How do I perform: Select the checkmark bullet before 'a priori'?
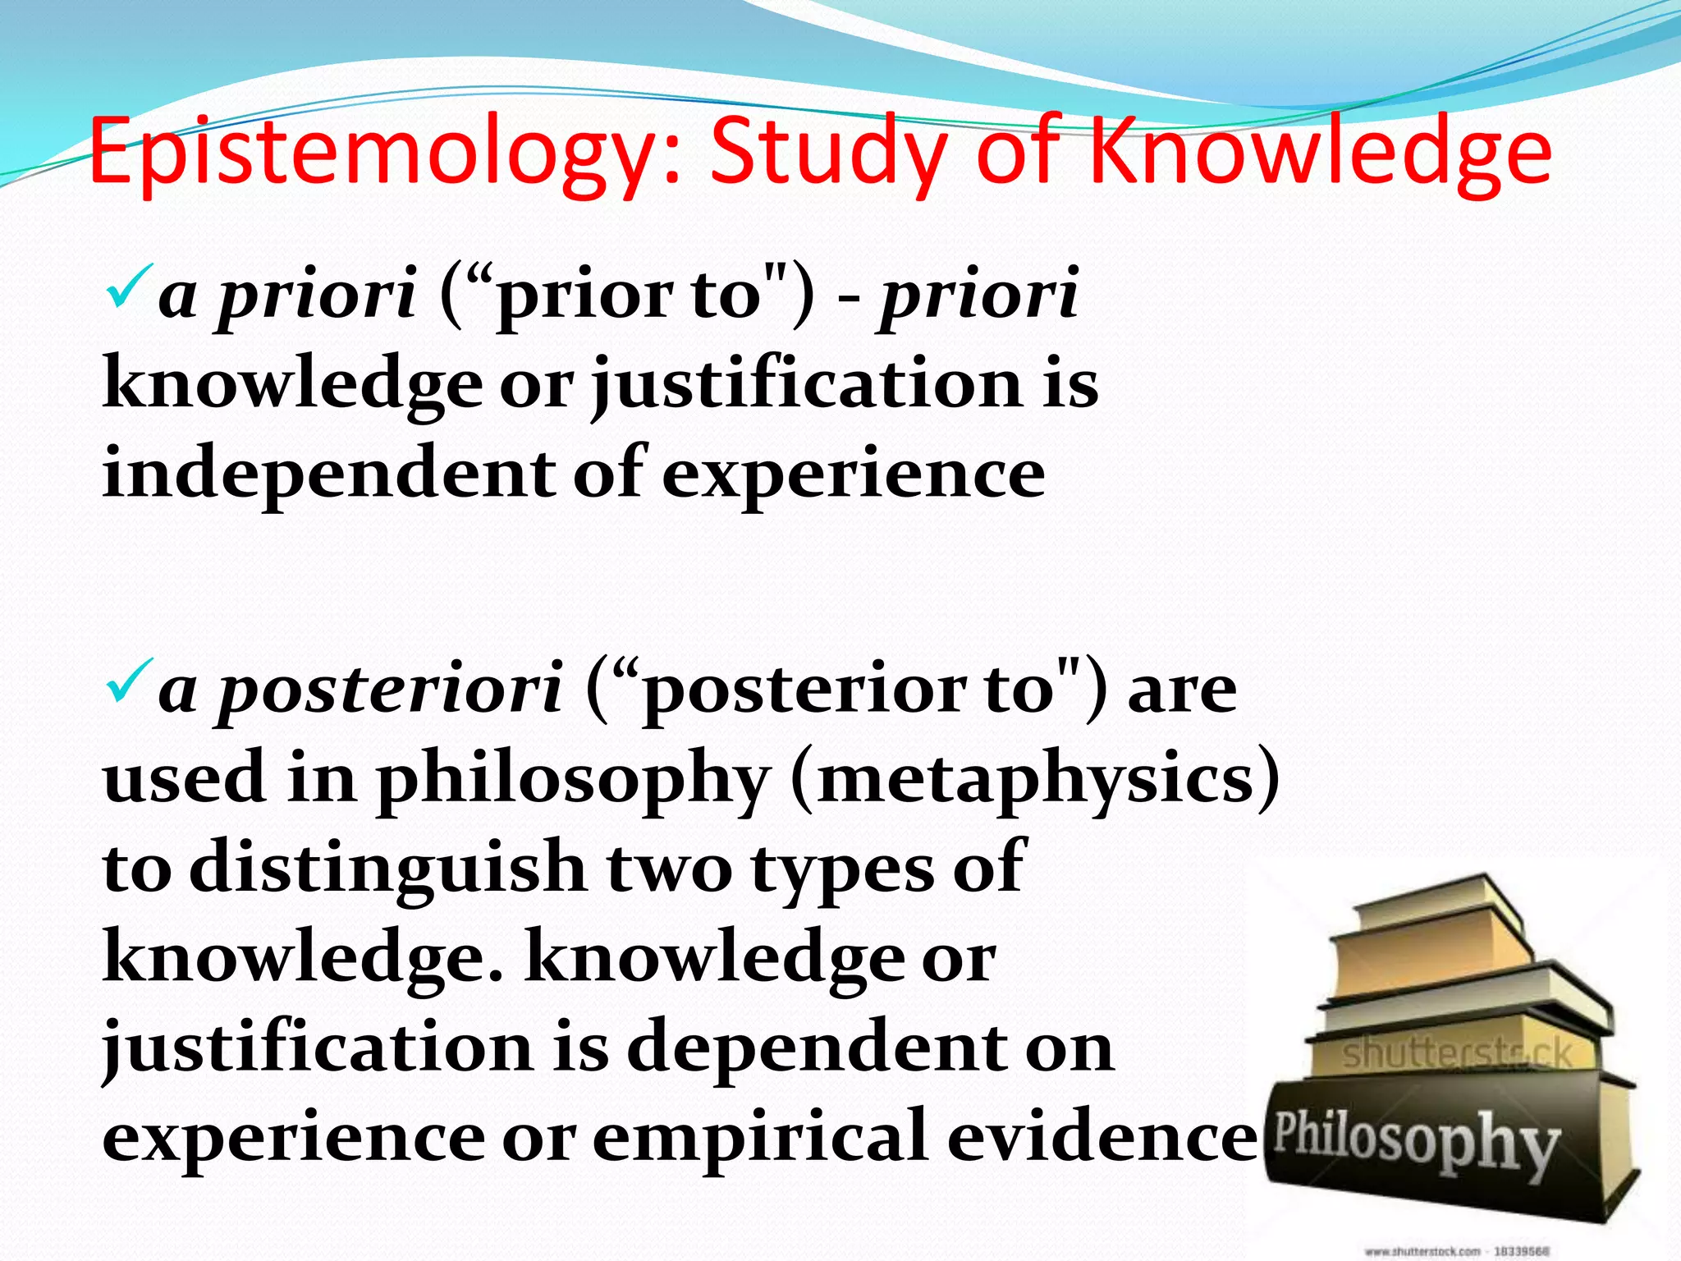pyautogui.click(x=129, y=287)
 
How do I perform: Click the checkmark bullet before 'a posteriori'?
pyautogui.click(x=129, y=681)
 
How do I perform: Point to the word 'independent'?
pyautogui.click(x=328, y=474)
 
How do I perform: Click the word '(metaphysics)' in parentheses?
pyautogui.click(x=1035, y=779)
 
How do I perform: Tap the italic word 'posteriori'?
pyautogui.click(x=390, y=690)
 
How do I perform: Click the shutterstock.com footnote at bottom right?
pyautogui.click(x=1457, y=1251)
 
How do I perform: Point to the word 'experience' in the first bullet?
pyautogui.click(x=854, y=474)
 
